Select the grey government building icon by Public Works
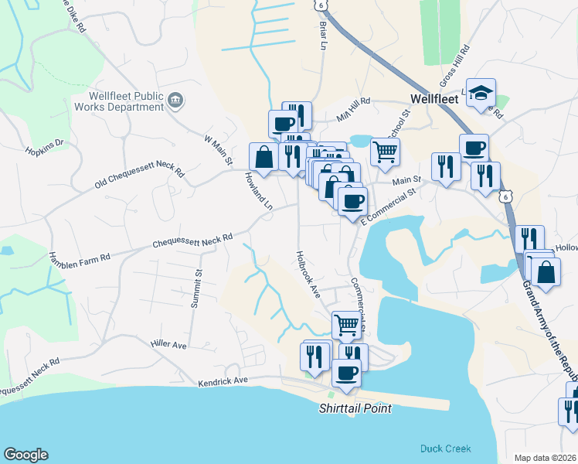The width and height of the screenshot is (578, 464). (x=175, y=98)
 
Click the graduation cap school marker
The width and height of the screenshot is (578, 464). (x=481, y=93)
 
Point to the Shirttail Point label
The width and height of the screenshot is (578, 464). (x=355, y=408)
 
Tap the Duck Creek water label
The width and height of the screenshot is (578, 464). (x=445, y=449)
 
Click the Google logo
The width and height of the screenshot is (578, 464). (x=25, y=455)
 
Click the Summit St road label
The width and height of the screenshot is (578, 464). (x=197, y=288)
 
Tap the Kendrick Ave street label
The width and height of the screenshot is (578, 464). (x=222, y=380)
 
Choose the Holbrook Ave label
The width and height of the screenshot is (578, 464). (x=307, y=274)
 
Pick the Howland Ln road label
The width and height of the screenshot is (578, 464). (x=259, y=191)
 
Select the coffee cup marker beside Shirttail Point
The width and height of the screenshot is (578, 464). (x=345, y=373)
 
